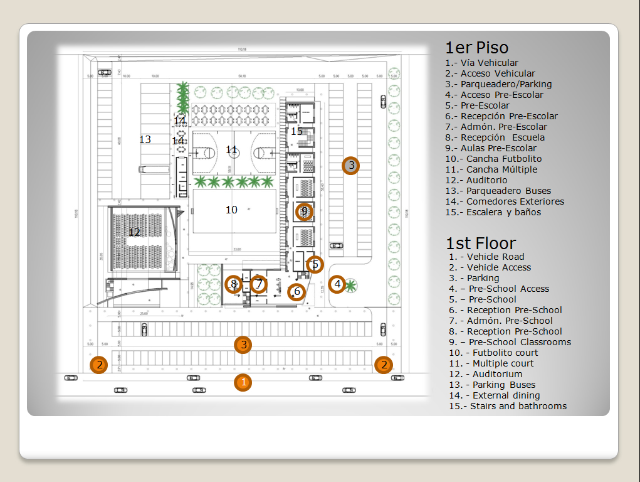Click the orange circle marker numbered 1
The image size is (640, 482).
click(x=243, y=382)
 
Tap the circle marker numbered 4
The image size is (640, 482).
click(x=337, y=285)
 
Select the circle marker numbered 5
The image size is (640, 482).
click(x=315, y=265)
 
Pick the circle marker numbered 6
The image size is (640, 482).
click(x=296, y=292)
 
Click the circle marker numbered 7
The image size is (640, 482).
click(x=259, y=284)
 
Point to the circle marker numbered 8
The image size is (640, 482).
click(x=234, y=284)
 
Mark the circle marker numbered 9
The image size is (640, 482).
click(x=304, y=212)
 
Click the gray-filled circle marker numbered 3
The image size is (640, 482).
click(x=351, y=166)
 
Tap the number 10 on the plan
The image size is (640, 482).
click(x=231, y=210)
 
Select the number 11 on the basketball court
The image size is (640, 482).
click(x=232, y=150)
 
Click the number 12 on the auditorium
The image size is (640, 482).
click(x=134, y=233)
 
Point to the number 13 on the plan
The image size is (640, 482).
click(x=145, y=139)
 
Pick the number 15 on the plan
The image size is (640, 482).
click(x=296, y=132)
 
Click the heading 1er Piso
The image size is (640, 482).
click(x=476, y=48)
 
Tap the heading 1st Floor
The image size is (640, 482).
click(x=481, y=244)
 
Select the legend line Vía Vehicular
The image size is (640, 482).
click(x=481, y=63)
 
